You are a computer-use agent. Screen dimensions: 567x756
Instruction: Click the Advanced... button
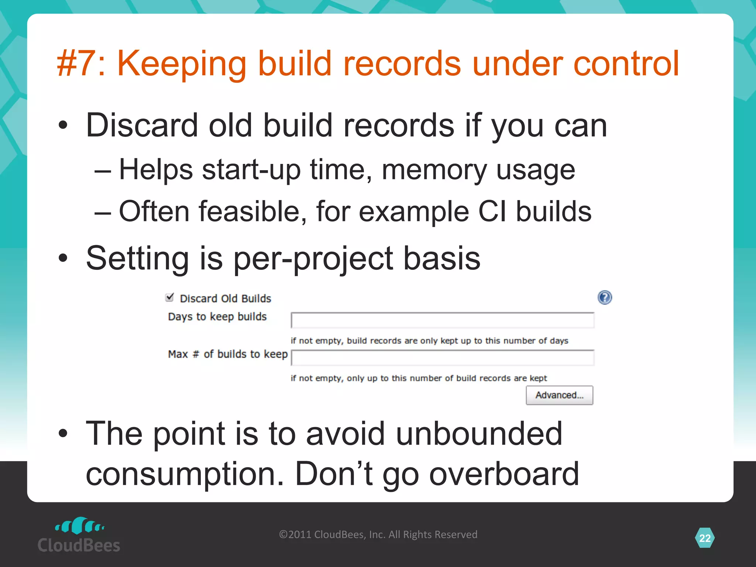(x=559, y=395)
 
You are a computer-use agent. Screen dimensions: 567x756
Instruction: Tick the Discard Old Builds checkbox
(x=169, y=297)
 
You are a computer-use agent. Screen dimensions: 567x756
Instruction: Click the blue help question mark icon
(x=605, y=298)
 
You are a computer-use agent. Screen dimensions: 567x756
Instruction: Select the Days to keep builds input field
(x=442, y=320)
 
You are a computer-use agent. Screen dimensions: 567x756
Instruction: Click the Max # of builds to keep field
(x=442, y=358)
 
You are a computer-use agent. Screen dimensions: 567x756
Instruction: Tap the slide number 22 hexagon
(x=705, y=538)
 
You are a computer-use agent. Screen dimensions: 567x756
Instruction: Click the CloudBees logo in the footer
(x=79, y=535)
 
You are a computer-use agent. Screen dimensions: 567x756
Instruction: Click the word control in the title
(x=626, y=63)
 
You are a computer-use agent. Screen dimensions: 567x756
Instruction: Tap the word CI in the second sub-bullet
(x=492, y=212)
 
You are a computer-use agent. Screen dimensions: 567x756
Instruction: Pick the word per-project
(x=313, y=258)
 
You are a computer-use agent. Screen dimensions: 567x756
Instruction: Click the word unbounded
(x=479, y=433)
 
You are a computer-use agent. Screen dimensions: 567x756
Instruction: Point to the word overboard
(x=504, y=474)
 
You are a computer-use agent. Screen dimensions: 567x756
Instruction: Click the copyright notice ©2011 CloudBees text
(x=378, y=535)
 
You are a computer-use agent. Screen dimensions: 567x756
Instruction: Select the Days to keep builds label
(x=217, y=317)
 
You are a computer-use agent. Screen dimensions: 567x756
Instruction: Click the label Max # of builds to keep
(x=228, y=354)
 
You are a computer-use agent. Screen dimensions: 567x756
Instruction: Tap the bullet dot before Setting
(x=63, y=258)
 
